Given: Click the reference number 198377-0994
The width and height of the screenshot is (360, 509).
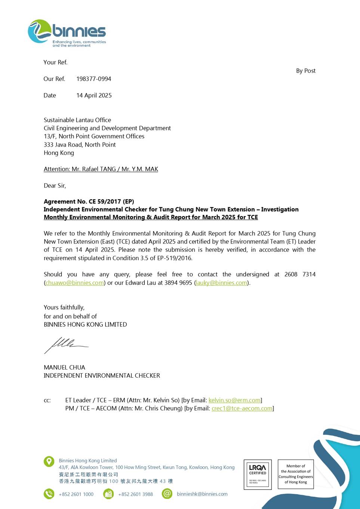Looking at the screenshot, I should coord(93,79).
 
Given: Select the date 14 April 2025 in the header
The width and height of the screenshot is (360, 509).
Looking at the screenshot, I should coord(94,95).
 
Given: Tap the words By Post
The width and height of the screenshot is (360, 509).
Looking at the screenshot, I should coord(305,71).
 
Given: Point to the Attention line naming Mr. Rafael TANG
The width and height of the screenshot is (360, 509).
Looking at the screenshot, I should coord(101,169).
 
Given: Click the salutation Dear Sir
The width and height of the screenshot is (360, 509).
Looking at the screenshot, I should coord(55,185).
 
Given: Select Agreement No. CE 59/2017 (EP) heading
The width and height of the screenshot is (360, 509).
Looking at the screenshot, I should coord(89,202).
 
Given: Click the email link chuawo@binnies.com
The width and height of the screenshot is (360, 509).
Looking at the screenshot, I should coord(74,283).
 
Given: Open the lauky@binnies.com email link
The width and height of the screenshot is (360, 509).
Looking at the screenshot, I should coord(221,283).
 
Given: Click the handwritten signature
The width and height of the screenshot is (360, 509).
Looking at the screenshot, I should coord(65,344).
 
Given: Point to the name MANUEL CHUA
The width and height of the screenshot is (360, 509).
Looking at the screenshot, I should coord(64,367).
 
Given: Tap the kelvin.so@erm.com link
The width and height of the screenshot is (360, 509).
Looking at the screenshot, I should coord(234,400).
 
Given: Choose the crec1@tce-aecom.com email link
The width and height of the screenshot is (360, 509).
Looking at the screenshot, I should coord(242,408).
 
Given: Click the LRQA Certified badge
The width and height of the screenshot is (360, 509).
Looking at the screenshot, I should coord(258,474).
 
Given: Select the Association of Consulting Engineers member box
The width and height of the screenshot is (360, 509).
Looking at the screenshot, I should coord(296,474).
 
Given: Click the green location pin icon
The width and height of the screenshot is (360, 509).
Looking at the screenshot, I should coord(49,461).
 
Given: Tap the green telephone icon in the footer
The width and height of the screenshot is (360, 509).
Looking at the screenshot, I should coord(49,494).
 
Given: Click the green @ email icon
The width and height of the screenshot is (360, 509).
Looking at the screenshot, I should coord(167,494).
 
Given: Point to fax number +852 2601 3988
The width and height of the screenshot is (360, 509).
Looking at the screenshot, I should coord(135,494).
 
